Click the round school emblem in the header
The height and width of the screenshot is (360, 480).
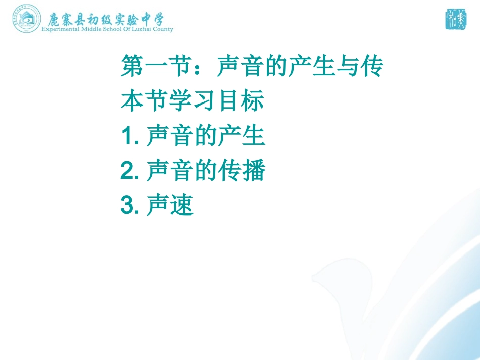click(x=27, y=19)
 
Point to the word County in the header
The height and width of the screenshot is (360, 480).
click(x=163, y=29)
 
